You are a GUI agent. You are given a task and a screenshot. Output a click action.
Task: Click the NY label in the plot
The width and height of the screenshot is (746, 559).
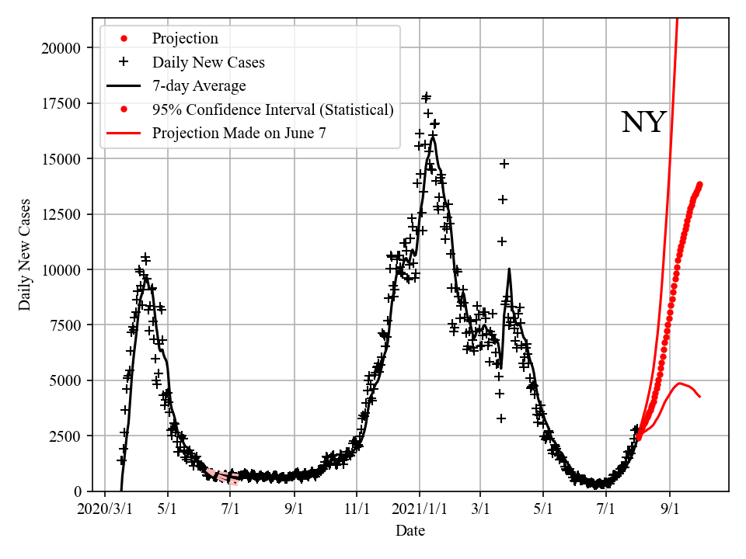pyautogui.click(x=643, y=123)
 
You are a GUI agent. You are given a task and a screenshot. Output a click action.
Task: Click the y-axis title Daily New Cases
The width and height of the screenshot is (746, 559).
pyautogui.click(x=25, y=254)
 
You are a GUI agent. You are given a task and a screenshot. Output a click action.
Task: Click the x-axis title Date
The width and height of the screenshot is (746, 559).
pyautogui.click(x=410, y=531)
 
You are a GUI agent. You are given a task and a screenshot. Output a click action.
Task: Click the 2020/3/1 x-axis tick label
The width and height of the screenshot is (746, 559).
pyautogui.click(x=105, y=511)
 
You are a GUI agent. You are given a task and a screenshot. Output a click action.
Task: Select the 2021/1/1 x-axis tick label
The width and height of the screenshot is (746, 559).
pyautogui.click(x=420, y=511)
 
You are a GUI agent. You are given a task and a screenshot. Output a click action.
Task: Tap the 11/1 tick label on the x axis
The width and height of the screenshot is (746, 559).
pyautogui.click(x=357, y=511)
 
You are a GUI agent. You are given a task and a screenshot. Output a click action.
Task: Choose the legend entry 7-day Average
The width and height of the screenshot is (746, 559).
pyautogui.click(x=199, y=85)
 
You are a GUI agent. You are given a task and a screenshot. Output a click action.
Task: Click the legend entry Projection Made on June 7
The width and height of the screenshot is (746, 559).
pyautogui.click(x=239, y=133)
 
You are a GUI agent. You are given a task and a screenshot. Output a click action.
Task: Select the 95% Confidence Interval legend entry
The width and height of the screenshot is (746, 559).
pyautogui.click(x=273, y=109)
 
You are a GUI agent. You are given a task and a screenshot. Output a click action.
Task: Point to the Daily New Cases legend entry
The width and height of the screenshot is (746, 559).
pyautogui.click(x=208, y=62)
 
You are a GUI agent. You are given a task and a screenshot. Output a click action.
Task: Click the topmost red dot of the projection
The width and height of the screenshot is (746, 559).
pyautogui.click(x=699, y=185)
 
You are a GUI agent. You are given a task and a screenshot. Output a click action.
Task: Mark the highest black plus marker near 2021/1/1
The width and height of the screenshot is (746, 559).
pyautogui.click(x=426, y=96)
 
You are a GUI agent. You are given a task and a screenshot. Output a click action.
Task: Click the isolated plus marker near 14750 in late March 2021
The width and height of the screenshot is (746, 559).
pyautogui.click(x=504, y=164)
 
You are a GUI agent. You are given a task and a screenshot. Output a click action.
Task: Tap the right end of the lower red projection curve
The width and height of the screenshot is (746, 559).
pyautogui.click(x=700, y=397)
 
